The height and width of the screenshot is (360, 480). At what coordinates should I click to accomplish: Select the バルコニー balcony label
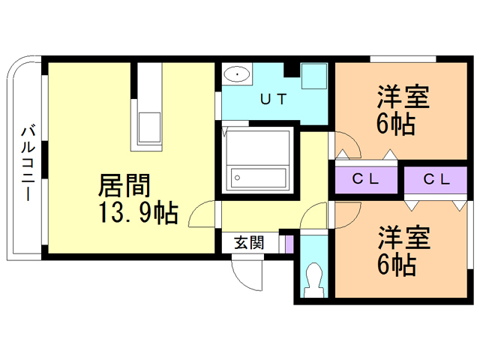(27, 162)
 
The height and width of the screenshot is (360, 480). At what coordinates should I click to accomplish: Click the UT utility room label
(272, 99)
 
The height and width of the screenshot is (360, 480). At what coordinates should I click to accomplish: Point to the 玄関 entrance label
(248, 242)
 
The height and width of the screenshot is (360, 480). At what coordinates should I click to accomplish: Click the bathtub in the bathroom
(259, 178)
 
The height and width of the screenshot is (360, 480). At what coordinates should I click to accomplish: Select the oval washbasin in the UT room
(238, 74)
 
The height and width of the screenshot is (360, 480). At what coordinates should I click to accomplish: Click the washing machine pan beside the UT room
(313, 76)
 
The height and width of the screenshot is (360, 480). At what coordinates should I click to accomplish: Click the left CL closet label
(366, 179)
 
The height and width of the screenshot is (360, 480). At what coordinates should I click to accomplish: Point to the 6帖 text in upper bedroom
(396, 124)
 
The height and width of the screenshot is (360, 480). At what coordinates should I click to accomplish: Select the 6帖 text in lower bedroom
(396, 265)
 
